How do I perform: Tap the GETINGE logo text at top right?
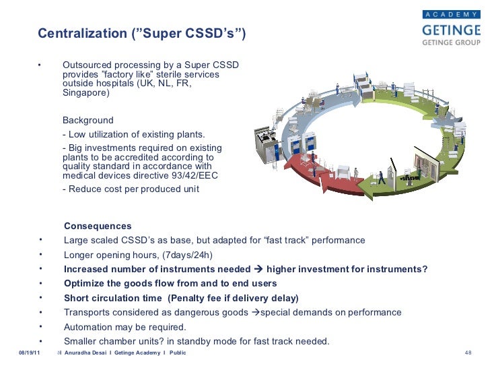(x=450, y=30)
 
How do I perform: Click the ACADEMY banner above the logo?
(x=450, y=13)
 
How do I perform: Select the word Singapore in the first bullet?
(x=85, y=94)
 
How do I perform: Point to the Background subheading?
(x=88, y=120)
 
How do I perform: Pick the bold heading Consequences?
(x=98, y=226)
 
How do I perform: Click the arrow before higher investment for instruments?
(x=258, y=270)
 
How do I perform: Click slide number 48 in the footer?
(x=470, y=353)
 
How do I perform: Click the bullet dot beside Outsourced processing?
(x=40, y=65)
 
